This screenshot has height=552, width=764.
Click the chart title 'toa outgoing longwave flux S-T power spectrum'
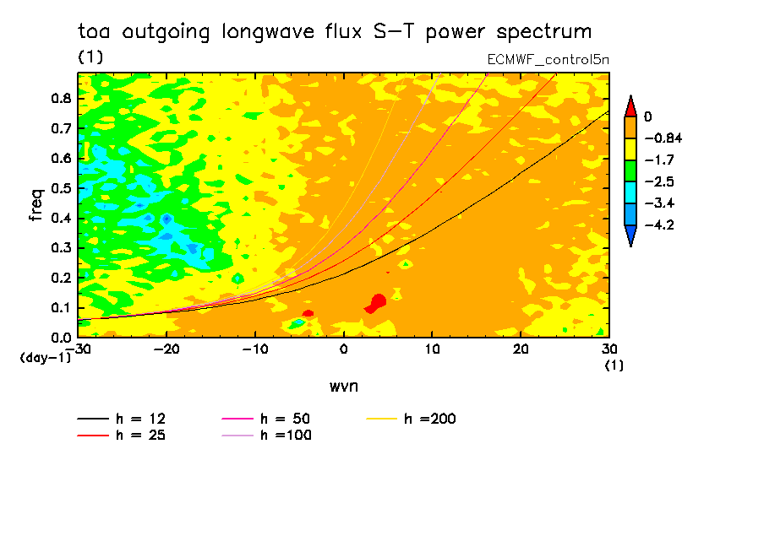pyautogui.click(x=335, y=32)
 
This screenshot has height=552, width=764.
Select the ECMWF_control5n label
pyautogui.click(x=548, y=60)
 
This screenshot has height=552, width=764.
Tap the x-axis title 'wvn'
pyautogui.click(x=341, y=386)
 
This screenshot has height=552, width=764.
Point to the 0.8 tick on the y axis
pyautogui.click(x=60, y=98)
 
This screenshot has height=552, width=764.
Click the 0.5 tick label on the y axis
pyautogui.click(x=60, y=187)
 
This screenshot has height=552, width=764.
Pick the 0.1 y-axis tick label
pyautogui.click(x=60, y=307)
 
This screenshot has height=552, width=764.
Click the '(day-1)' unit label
pyautogui.click(x=46, y=358)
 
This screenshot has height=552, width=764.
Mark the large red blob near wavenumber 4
pyautogui.click(x=376, y=302)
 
